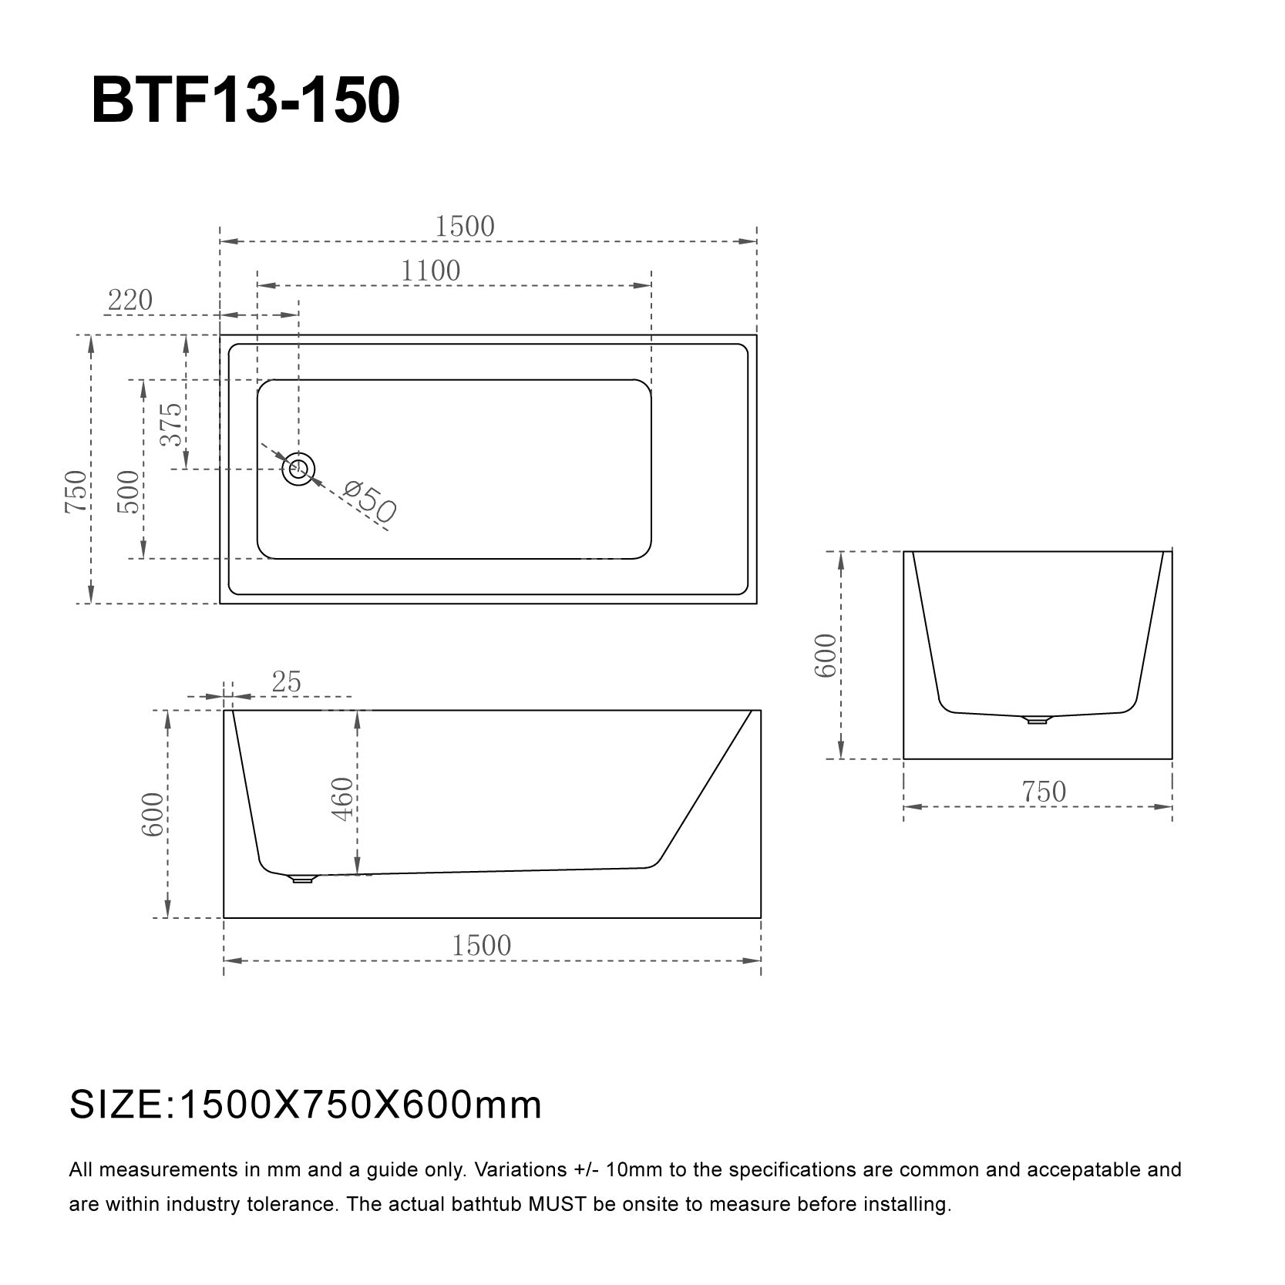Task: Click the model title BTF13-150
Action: coord(245,100)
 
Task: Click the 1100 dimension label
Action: coord(430,271)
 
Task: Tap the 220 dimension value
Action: coord(130,300)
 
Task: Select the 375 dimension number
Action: coord(172,424)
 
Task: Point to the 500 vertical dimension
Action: coord(129,492)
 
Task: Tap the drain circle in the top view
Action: coord(298,468)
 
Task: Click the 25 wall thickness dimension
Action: coord(286,682)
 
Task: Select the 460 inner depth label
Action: coord(342,799)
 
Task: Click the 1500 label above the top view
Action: coord(464,227)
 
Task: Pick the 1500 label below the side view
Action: coord(481,946)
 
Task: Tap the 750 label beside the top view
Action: coord(76,492)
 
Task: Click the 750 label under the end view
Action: coord(1043,792)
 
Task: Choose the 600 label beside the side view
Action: coord(153,814)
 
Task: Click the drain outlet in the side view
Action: coord(301,878)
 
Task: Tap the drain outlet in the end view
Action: coord(1036,720)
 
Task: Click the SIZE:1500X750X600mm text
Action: coord(306,1105)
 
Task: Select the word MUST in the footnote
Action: coord(559,1204)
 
